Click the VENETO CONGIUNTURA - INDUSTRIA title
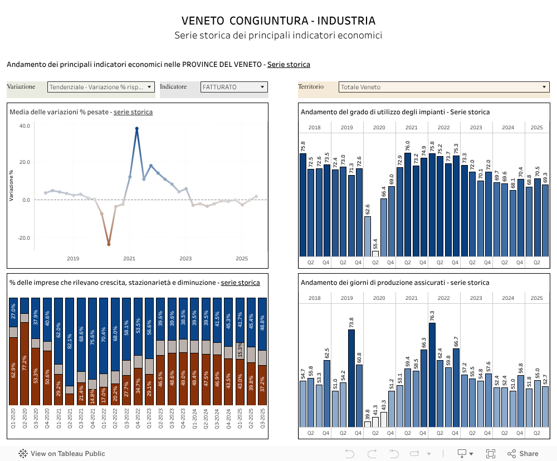pos(278,21)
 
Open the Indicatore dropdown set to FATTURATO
pos(234,87)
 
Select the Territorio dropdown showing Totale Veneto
pos(444,87)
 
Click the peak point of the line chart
pos(137,129)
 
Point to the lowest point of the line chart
pos(109,244)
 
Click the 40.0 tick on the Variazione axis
pos(25,126)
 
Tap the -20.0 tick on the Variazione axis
pos(25,238)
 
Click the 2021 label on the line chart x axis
pos(129,258)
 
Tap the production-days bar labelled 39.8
pos(368,424)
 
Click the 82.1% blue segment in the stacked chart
pos(70,341)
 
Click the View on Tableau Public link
pos(62,454)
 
